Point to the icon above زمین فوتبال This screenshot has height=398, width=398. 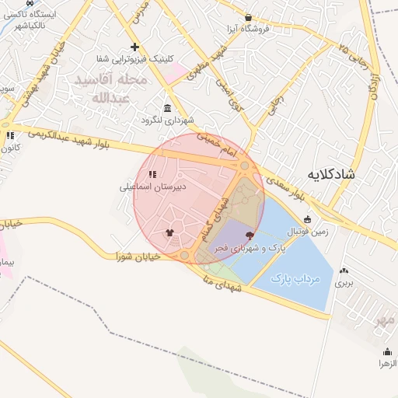click(307, 219)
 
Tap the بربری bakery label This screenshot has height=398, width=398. click(344, 283)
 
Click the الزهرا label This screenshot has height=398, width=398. click(386, 363)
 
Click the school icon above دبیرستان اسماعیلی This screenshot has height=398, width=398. click(152, 174)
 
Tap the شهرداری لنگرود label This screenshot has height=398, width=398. click(166, 120)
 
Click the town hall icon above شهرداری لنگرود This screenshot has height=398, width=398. click(166, 108)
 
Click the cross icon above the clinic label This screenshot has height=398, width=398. click(135, 47)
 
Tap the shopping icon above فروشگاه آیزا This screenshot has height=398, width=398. click(248, 17)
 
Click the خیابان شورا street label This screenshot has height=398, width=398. click(138, 256)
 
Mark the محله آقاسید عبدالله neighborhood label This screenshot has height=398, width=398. click(109, 89)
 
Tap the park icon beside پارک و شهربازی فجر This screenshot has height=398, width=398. click(250, 235)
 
